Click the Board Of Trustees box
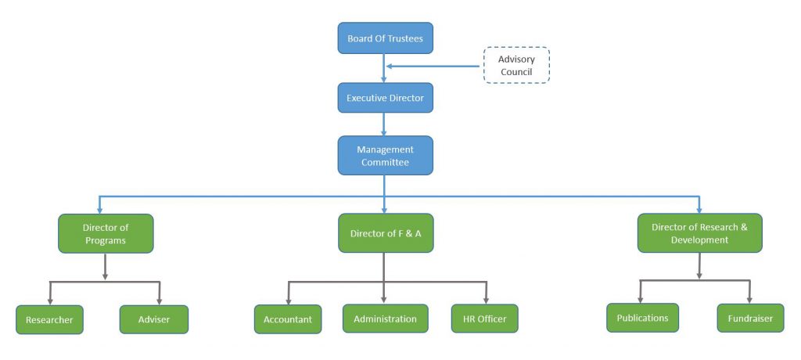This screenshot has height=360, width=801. [385, 38]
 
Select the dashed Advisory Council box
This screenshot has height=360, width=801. [516, 66]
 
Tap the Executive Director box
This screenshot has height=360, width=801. [385, 98]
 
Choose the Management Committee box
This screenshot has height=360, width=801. [385, 156]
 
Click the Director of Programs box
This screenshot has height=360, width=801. [106, 233]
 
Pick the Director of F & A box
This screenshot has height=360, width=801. [385, 233]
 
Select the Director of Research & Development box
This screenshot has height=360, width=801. [699, 233]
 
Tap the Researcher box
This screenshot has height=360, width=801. [49, 319]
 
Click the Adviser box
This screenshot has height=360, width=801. [153, 319]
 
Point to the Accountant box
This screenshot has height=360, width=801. [287, 319]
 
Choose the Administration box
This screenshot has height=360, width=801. [385, 319]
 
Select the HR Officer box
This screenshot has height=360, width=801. [484, 319]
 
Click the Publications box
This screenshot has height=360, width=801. [642, 318]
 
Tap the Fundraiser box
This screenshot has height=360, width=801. [750, 319]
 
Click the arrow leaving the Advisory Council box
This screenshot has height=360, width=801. [434, 66]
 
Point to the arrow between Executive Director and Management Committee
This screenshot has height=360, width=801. [384, 124]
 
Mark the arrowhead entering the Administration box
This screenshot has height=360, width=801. [384, 300]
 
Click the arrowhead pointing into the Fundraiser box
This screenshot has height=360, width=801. [749, 299]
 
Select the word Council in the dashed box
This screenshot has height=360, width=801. [516, 72]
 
